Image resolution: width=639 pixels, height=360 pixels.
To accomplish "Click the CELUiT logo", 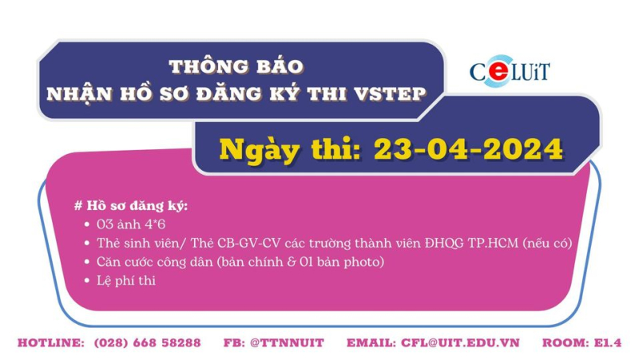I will coord(509,72).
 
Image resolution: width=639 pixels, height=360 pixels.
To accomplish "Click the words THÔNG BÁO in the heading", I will coord(236,64).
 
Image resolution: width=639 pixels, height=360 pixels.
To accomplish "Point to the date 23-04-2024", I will coord(466,148).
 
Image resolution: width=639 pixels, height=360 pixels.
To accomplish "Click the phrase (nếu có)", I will coord(548,243).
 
